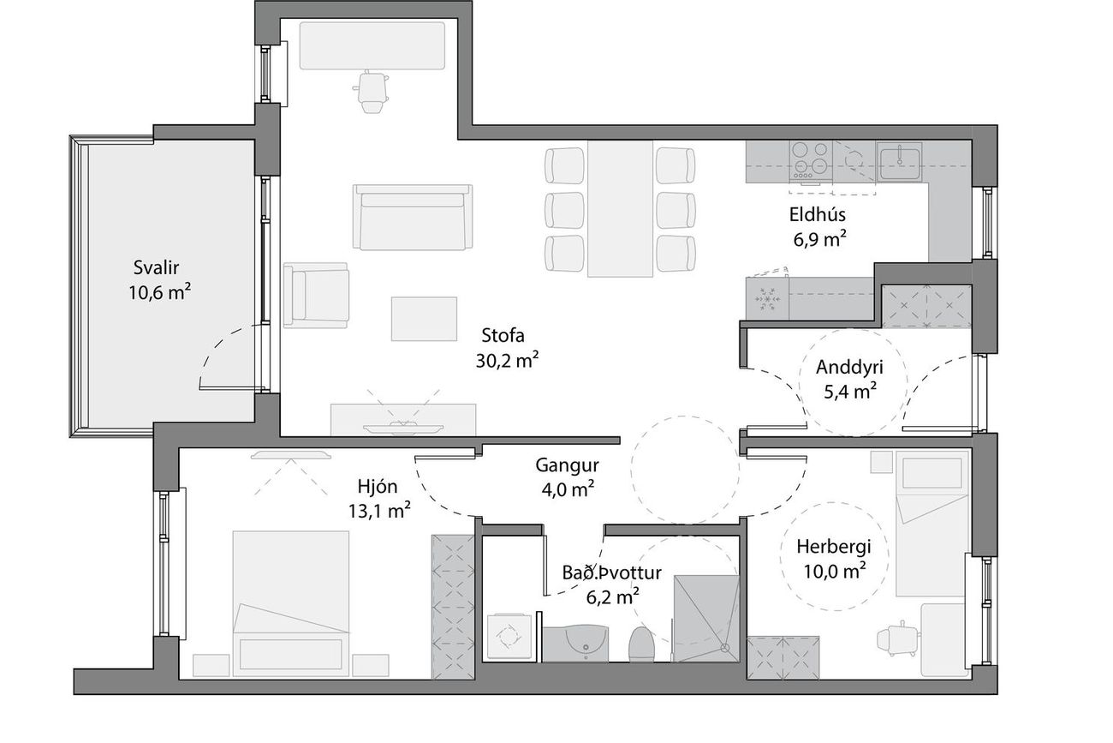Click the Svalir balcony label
pos(156,267)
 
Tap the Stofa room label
pos(503,336)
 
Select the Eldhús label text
pos(818,215)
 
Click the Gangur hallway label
pos(567,466)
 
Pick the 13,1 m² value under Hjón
pos(379,511)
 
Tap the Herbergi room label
pos(834,547)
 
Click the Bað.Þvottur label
pos(611,573)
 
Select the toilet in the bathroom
pos(641,644)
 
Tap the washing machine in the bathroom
pos(509,637)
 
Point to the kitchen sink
pos(899,162)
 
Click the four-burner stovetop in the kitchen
pos(811,160)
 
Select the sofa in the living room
pos(413,217)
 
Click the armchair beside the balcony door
pos(316,296)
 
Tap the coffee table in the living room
pos(424,319)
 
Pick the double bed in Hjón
pos(291,604)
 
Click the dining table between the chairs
pos(620,209)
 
